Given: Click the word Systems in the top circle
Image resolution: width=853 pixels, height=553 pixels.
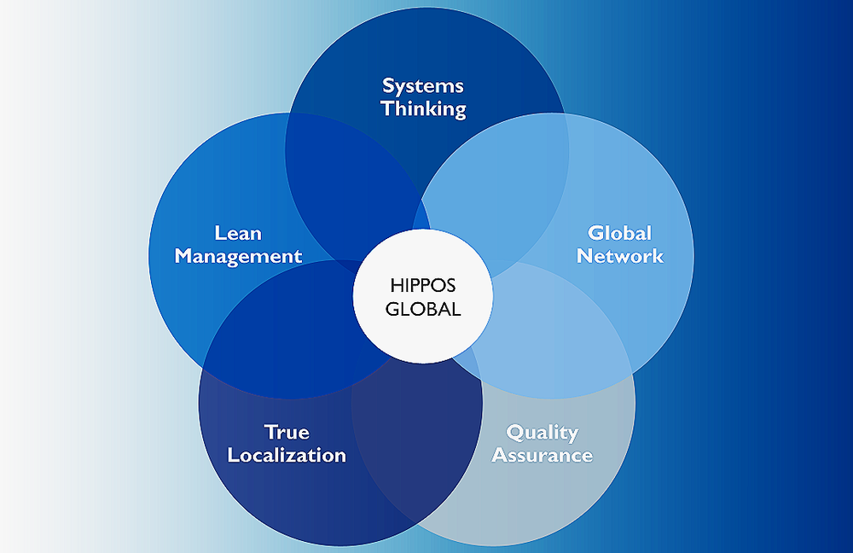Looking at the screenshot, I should tap(423, 86).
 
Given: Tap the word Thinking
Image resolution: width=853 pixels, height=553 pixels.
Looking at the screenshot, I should tap(424, 109).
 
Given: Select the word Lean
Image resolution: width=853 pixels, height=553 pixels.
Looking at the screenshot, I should tap(238, 233).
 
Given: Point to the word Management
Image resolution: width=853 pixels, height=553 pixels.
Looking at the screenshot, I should tap(239, 256).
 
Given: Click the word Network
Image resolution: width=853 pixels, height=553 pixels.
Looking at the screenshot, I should tap(620, 256).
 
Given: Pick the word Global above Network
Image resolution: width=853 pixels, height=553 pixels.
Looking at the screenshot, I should tap(620, 233).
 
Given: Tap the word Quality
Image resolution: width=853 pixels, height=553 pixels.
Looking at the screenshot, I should tap(542, 432).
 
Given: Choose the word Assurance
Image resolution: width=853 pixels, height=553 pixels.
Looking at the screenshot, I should tap(543, 455).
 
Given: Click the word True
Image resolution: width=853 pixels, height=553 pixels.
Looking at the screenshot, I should tap(287, 432).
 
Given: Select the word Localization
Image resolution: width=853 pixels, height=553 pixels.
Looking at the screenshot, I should tap(287, 455).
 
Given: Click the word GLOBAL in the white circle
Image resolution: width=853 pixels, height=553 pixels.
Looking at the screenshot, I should tap(423, 309).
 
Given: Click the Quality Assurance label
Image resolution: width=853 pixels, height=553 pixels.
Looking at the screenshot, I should tap(542, 444).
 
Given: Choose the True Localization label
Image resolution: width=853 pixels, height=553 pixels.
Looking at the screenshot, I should tap(287, 444).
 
